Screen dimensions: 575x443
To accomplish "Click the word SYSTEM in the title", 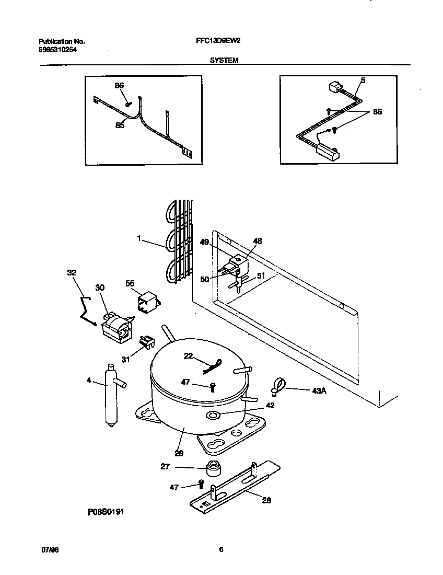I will click(x=224, y=60).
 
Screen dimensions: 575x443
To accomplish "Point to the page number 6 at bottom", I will click(x=221, y=549).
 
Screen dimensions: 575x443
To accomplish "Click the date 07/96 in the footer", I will click(x=49, y=550).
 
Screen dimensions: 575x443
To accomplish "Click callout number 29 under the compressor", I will click(x=179, y=454).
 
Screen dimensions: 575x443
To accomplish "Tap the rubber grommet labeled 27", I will click(x=213, y=469).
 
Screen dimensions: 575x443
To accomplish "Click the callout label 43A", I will click(x=319, y=390).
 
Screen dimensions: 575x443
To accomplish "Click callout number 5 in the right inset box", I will click(x=363, y=81).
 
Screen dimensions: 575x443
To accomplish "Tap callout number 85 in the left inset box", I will click(x=120, y=125).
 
